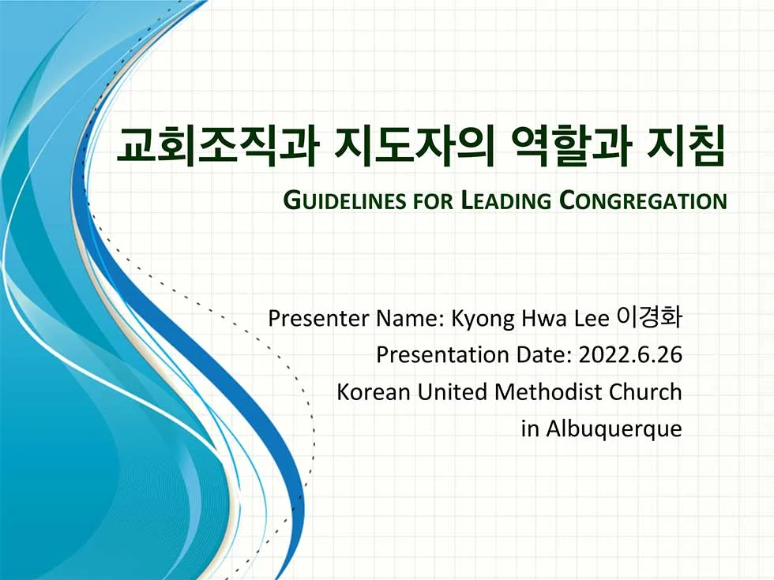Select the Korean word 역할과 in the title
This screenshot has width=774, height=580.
(572, 147)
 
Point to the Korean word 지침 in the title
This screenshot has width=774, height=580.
(686, 147)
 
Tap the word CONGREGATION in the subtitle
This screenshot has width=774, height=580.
(643, 200)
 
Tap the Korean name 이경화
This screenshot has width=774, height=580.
(649, 317)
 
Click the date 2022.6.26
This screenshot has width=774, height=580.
(630, 355)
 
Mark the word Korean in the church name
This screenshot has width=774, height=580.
(374, 392)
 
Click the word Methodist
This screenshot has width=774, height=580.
(548, 392)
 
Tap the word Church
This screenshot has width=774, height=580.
(645, 392)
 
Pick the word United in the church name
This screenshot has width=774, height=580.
(452, 392)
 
